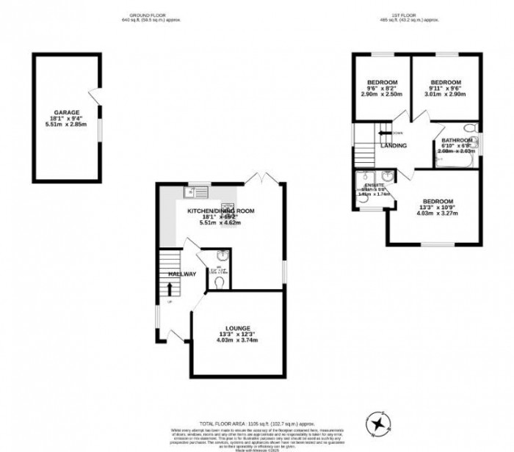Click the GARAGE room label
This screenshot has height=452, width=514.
pos(66,112)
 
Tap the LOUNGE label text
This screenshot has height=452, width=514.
pos(239,328)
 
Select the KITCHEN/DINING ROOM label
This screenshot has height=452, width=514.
pos(220,211)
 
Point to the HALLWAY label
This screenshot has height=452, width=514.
pos(182,274)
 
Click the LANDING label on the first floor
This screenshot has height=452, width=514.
pos(394,145)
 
